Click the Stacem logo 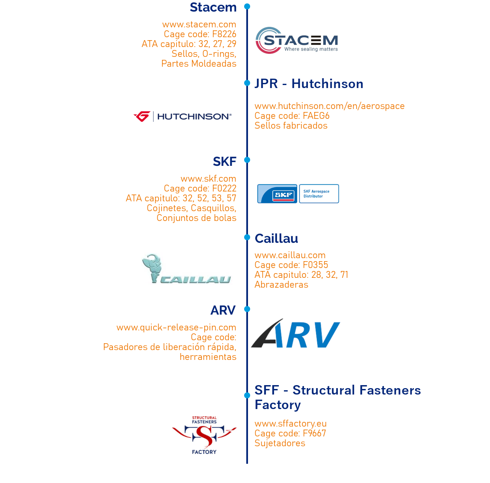point(297,40)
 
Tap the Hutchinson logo point(183,116)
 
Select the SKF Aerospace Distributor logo point(298,194)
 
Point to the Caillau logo point(189,268)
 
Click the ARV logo point(295,333)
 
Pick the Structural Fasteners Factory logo point(204,435)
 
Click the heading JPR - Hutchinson point(309,84)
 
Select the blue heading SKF point(224,162)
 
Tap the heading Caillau point(276,239)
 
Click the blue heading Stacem point(213,7)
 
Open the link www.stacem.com point(199,24)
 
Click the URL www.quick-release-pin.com point(176,327)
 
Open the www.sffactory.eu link point(290,424)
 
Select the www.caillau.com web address point(290,255)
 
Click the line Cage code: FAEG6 point(292,116)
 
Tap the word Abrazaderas point(281,285)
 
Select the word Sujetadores point(280,443)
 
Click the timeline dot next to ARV point(247,309)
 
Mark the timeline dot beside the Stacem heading point(247,6)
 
